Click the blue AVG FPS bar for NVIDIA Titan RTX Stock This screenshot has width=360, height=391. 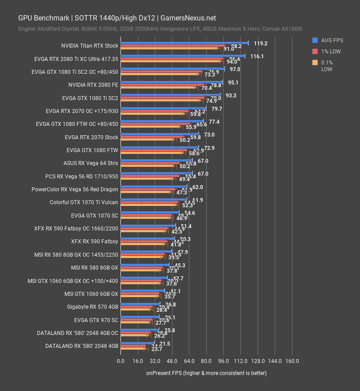coord(184,43)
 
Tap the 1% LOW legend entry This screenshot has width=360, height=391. coord(328,51)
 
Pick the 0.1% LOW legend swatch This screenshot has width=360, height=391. coord(315,62)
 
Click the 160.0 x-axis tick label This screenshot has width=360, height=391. coord(292,361)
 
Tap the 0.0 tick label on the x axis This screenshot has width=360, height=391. coord(120,361)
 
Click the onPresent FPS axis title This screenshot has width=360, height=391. coord(206,373)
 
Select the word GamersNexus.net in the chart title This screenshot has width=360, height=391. coord(188,18)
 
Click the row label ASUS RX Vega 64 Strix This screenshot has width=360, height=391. coord(91,163)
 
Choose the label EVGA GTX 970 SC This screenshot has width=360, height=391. coord(96,320)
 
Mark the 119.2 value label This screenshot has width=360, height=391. coord(260,44)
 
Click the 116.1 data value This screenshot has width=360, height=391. coord(257,56)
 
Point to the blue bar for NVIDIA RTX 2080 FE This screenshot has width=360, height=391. coord(171,82)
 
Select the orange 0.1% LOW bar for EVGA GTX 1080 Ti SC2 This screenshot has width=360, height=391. coord(160,101)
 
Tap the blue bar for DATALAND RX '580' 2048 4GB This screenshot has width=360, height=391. coord(140,343)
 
